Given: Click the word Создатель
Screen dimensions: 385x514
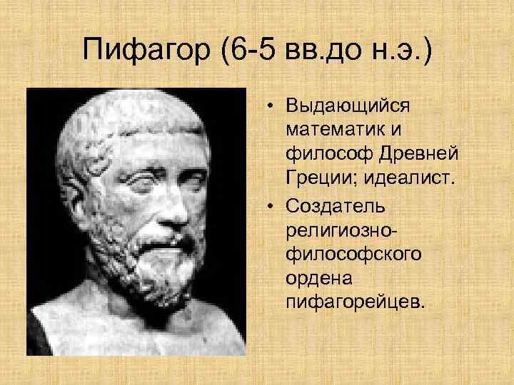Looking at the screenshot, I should [335, 206].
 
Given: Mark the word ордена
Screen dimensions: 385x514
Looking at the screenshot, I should [315, 279].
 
